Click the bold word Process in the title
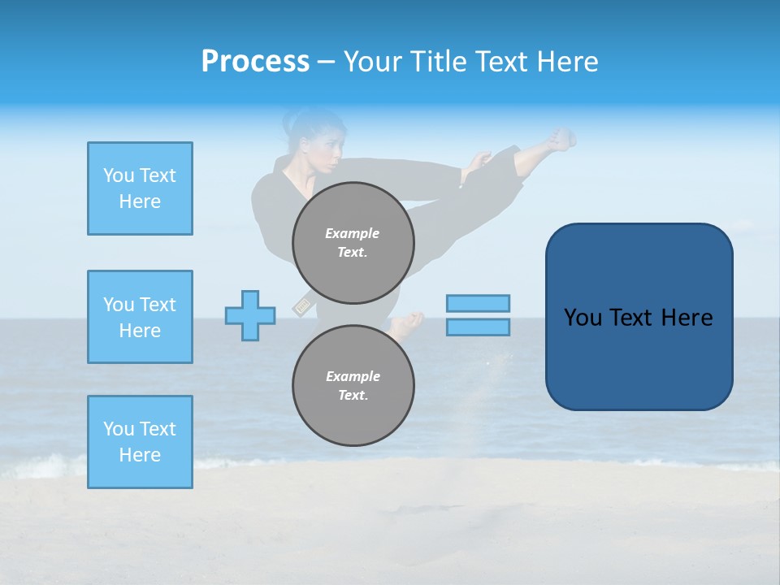(255, 62)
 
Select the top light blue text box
(140, 188)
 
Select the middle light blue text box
(140, 317)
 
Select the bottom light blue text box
(140, 442)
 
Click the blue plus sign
(250, 315)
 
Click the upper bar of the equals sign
(478, 303)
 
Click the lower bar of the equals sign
(478, 327)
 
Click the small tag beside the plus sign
(302, 306)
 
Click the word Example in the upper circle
(353, 233)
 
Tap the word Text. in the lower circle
(353, 395)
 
